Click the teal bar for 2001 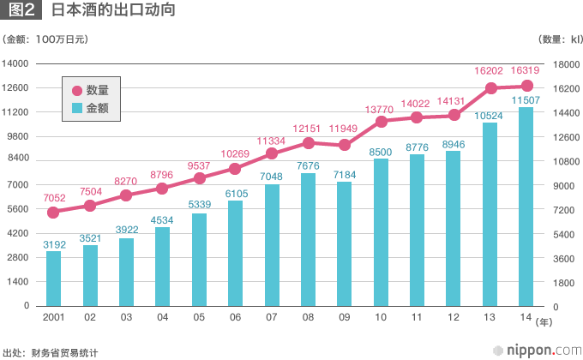pos(53,278)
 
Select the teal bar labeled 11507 pos(526,206)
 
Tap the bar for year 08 pos(308,239)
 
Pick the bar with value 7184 pos(344,243)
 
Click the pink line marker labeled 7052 pos(53,212)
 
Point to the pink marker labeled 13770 pos(381,121)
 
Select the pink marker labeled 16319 pos(526,86)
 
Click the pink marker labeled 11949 pos(344,145)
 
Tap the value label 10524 pos(490,115)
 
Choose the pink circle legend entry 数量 pos(77,91)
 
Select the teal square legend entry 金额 pos(77,108)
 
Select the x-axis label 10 pos(381,317)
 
